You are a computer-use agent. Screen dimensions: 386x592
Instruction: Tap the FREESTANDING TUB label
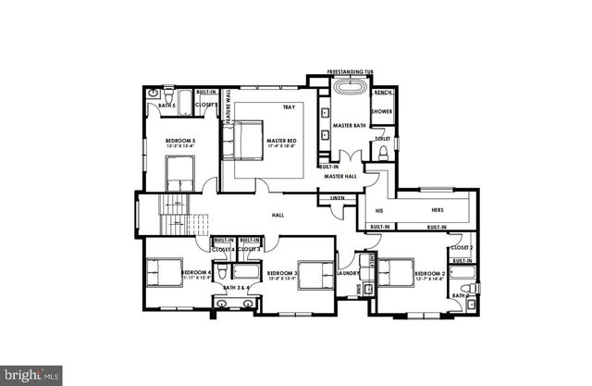coord(349,70)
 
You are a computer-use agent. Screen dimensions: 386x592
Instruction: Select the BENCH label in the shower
coord(383,93)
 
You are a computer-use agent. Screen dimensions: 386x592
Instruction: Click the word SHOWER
coord(383,112)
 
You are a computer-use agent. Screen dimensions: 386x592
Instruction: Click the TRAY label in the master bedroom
coord(289,107)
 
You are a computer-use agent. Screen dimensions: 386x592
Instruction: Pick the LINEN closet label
coord(338,198)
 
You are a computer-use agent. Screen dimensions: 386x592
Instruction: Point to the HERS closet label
coord(438,210)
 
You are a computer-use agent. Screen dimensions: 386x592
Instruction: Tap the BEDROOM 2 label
coord(430,273)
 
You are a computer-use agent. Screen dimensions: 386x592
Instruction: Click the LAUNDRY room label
coord(350,274)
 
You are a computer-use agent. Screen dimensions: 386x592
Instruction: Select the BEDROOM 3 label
coord(282,273)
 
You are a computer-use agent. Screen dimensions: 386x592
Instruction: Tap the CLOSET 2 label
coord(462,248)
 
